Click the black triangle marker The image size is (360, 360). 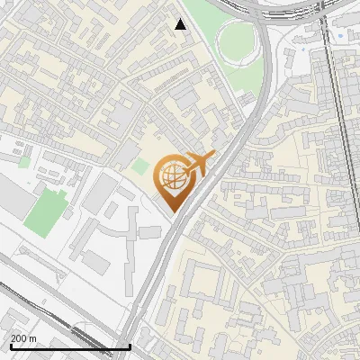click(x=181, y=24)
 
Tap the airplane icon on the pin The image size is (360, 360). click(x=196, y=165)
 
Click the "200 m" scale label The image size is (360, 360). click(x=23, y=338)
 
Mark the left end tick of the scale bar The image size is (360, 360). click(x=10, y=345)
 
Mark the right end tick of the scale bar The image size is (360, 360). click(x=130, y=345)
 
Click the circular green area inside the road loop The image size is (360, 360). click(x=236, y=40)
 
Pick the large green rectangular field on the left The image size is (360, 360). click(x=46, y=210)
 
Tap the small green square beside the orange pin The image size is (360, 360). click(x=139, y=166)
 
